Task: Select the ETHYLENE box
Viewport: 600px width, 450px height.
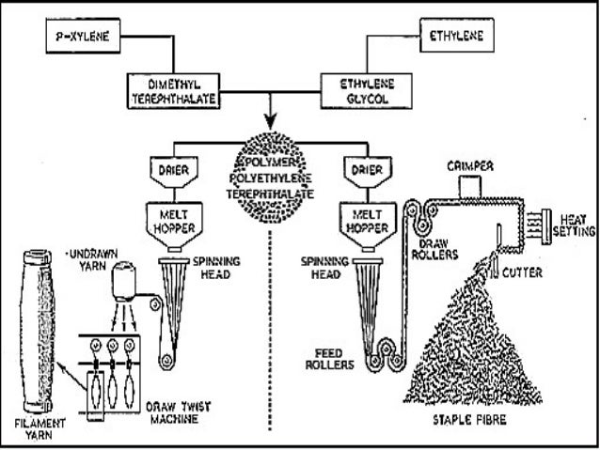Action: pos(460,39)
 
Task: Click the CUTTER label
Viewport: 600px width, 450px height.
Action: pos(522,273)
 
